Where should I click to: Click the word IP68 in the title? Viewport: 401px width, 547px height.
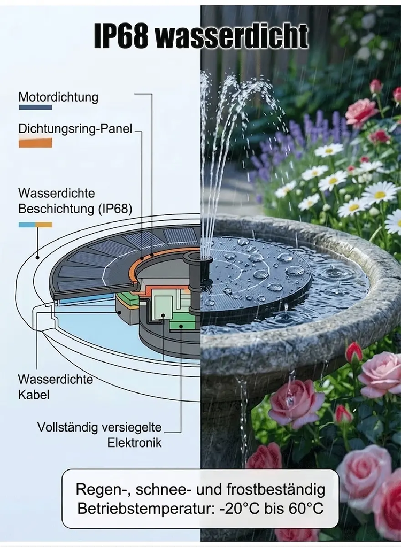pyautogui.click(x=121, y=36)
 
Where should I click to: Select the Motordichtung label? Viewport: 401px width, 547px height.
pyautogui.click(x=58, y=97)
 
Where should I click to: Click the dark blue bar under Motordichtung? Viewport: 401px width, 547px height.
pyautogui.click(x=35, y=107)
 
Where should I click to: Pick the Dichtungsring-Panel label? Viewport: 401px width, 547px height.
pyautogui.click(x=75, y=128)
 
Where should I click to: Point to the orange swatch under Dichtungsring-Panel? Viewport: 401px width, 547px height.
pyautogui.click(x=35, y=143)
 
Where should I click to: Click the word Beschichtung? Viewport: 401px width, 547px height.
pyautogui.click(x=56, y=209)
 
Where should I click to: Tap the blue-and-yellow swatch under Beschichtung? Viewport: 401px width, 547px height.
pyautogui.click(x=35, y=225)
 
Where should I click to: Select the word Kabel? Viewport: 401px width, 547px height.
pyautogui.click(x=34, y=395)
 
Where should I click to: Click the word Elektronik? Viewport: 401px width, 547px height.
pyautogui.click(x=134, y=443)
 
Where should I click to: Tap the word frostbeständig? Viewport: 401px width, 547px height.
pyautogui.click(x=276, y=489)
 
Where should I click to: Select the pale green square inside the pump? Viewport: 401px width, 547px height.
pyautogui.click(x=163, y=307)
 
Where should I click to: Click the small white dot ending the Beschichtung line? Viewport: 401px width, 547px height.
pyautogui.click(x=37, y=258)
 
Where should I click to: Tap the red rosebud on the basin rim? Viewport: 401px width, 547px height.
pyautogui.click(x=353, y=352)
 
